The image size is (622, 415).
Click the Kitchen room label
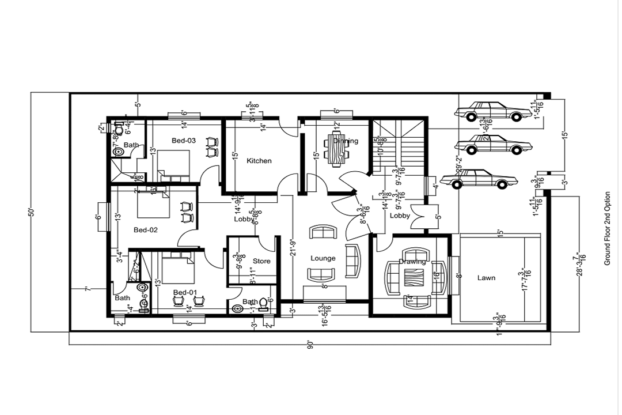[259, 161]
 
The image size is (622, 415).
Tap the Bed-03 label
[184, 141]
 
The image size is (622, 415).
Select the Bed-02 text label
[146, 230]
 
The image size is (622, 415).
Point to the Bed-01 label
[185, 293]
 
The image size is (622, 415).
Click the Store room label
[261, 261]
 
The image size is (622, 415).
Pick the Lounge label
[323, 258]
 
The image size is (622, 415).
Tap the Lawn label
[486, 278]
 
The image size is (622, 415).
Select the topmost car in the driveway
[488, 111]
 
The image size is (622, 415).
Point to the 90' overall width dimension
[310, 345]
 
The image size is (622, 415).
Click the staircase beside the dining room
[397, 146]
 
